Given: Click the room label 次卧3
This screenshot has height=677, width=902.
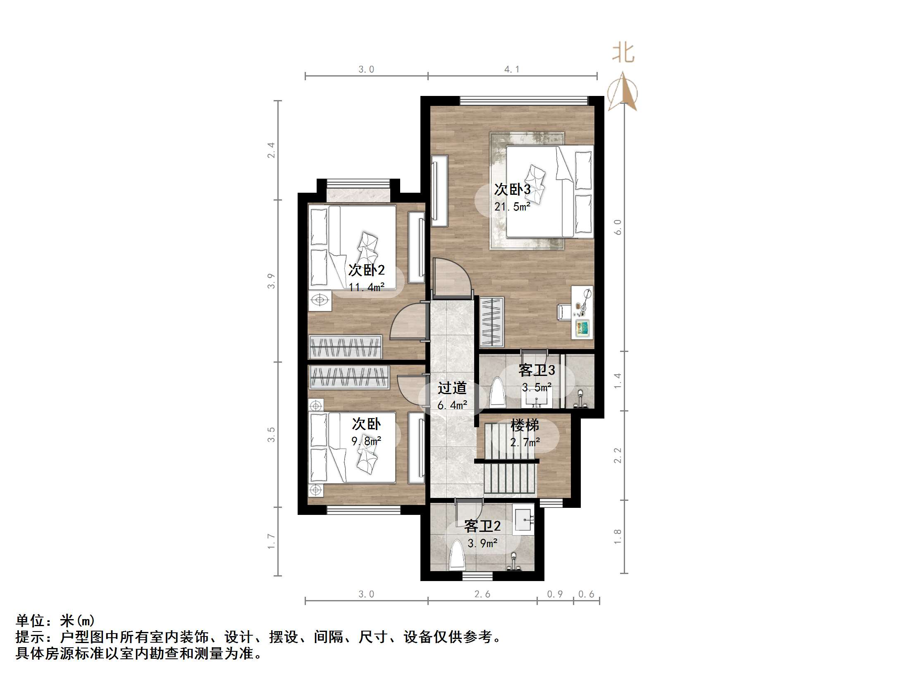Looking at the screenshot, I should [512, 189].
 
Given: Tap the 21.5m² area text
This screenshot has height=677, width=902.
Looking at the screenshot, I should [512, 206].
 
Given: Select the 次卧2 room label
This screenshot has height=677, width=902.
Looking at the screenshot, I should [366, 270].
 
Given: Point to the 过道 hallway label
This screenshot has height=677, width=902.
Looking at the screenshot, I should [452, 388].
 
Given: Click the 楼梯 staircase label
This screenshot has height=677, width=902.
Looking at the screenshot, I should [525, 425].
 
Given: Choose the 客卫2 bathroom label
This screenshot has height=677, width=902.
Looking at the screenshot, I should [482, 526].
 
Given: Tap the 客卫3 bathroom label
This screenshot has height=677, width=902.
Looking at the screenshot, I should [537, 371].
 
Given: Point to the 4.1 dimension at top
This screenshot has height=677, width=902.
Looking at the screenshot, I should [512, 69].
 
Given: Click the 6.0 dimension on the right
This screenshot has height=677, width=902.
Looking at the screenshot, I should [618, 227].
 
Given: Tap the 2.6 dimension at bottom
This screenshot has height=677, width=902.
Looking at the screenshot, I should [482, 594].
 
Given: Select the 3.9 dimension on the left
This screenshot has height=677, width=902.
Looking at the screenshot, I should [271, 281].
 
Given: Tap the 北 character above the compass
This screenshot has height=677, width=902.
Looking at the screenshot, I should [623, 53].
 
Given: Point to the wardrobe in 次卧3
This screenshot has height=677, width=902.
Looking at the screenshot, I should [492, 322].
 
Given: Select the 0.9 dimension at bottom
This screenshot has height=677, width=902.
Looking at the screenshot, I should [555, 594].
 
